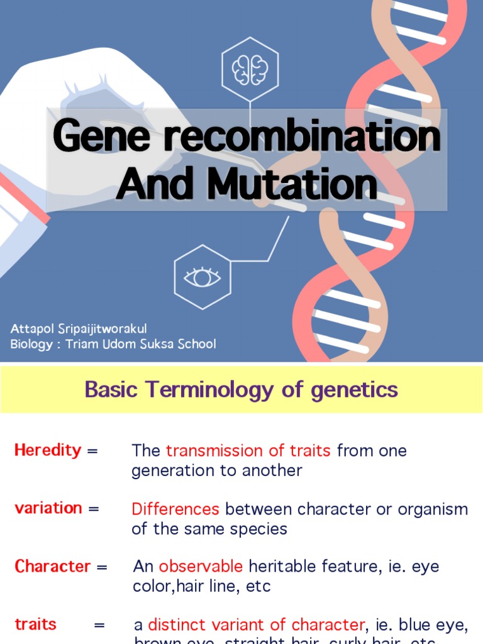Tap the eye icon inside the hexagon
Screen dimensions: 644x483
(202, 277)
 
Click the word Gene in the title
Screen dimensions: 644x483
(103, 135)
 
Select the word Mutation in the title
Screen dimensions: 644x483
(292, 185)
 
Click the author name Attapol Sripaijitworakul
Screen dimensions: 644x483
(79, 329)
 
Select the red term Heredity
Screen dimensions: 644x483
(48, 450)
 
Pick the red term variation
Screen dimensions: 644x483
(48, 508)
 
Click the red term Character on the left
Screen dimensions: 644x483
(53, 566)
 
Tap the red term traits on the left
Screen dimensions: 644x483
(35, 625)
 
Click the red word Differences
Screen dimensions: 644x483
(175, 509)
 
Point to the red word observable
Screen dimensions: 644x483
(201, 566)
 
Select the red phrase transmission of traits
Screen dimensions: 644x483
(248, 450)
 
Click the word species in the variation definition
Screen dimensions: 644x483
(259, 529)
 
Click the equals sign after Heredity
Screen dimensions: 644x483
(92, 451)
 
